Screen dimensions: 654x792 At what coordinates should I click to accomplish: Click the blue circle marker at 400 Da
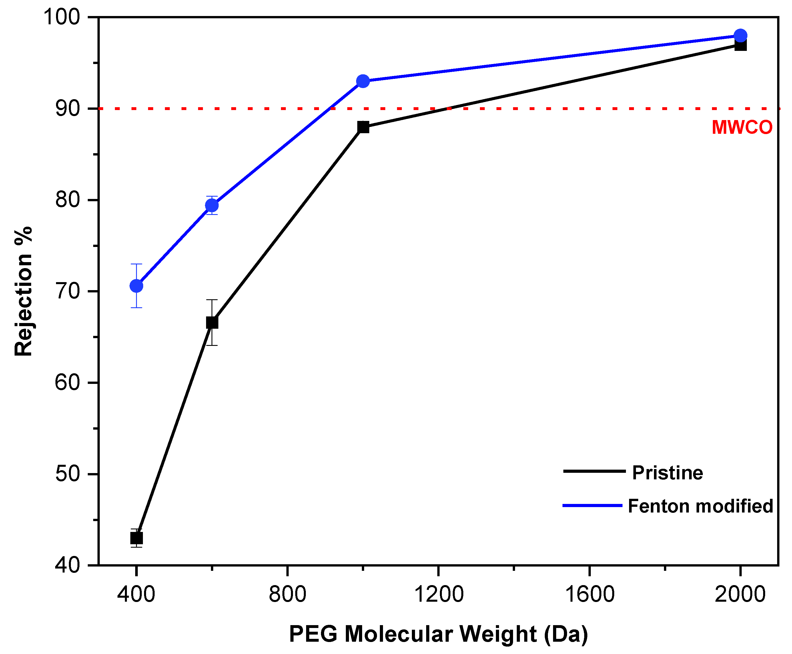[x=136, y=286]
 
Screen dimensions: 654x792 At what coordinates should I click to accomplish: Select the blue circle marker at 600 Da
[x=212, y=205]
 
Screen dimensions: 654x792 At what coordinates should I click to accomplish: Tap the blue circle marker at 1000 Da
[x=363, y=81]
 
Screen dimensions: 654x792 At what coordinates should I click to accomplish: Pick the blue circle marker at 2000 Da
[x=740, y=36]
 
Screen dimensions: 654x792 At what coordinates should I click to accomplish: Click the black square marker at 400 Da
[x=136, y=538]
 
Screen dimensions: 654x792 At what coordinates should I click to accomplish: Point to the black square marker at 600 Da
[x=212, y=323]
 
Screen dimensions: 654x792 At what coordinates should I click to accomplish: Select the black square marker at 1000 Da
[x=363, y=127]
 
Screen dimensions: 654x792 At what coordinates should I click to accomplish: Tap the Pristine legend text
[x=667, y=473]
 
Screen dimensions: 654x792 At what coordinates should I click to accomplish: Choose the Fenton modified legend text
[x=700, y=506]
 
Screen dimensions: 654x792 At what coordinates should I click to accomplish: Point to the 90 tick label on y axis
[x=68, y=109]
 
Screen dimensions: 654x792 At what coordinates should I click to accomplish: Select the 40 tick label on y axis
[x=68, y=565]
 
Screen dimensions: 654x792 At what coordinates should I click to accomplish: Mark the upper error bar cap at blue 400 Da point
[x=136, y=264]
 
